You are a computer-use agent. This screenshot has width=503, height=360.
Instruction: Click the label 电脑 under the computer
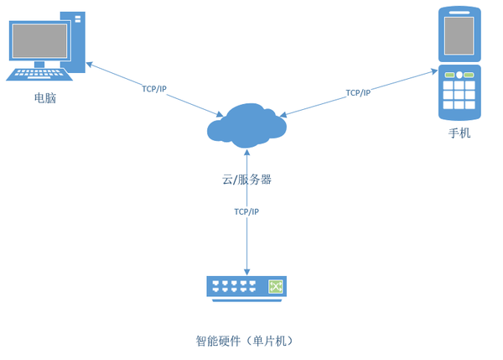[x=45, y=99]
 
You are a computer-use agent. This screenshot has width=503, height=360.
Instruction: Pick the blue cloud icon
[x=246, y=125]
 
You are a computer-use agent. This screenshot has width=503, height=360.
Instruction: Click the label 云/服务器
[x=246, y=180]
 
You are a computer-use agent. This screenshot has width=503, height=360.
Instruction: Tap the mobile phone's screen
[x=459, y=36]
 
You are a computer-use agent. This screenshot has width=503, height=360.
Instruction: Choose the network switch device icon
[x=246, y=288]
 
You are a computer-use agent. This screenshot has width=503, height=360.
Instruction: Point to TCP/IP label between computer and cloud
[x=154, y=88]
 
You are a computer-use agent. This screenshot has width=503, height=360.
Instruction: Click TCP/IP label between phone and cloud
[x=358, y=92]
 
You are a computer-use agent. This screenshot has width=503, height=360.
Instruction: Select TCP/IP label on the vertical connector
[x=246, y=211]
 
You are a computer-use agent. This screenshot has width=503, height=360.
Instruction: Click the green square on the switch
[x=275, y=287]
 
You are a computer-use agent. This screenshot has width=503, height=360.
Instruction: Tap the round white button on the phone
[x=459, y=76]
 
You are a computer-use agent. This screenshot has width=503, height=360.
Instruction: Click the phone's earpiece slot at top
[x=459, y=12]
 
